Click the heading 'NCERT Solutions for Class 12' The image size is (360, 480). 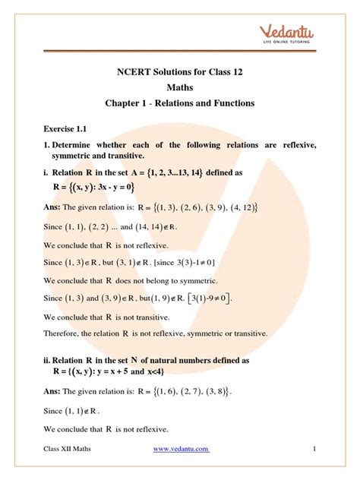(x=179, y=74)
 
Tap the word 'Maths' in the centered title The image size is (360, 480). (x=180, y=89)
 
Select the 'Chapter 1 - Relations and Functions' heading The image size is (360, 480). (x=180, y=104)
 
